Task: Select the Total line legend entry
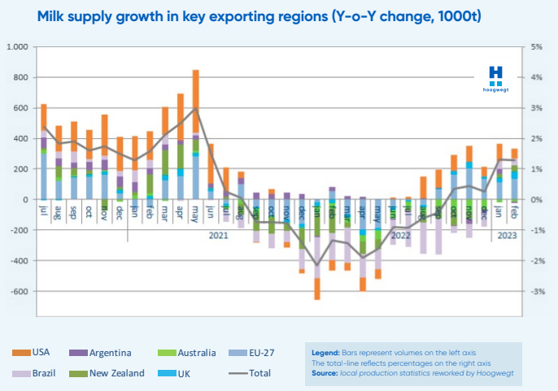255,373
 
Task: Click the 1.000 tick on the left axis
17,46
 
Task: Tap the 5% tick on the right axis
537,46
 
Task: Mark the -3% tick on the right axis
537,291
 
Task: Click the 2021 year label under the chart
218,236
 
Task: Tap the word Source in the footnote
327,373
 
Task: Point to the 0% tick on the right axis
537,199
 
